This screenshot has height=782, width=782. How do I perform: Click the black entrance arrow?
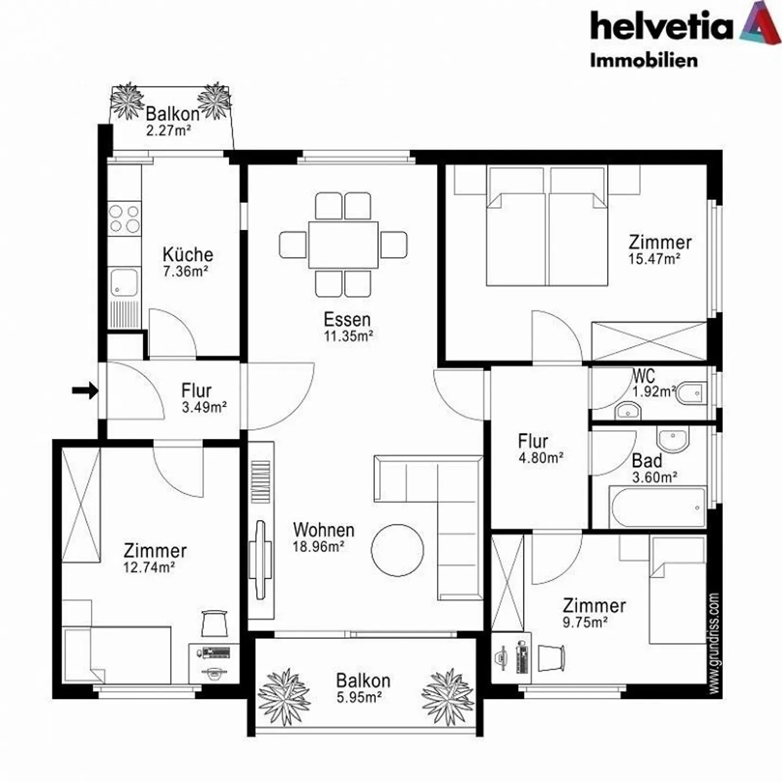[x=85, y=389]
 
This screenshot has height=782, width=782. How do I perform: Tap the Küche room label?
[x=188, y=254]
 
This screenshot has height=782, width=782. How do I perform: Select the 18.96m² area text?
[x=318, y=546]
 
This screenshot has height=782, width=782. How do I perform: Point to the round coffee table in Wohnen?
[x=398, y=550]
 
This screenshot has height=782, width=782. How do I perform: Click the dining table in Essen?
[x=343, y=244]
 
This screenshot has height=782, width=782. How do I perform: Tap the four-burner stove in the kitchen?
[x=124, y=218]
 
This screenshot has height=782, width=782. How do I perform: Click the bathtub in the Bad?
[x=658, y=507]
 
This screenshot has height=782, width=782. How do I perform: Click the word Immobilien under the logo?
[x=644, y=60]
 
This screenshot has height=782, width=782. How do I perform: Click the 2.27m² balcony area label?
[x=168, y=130]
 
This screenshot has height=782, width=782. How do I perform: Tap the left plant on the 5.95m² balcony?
[x=283, y=696]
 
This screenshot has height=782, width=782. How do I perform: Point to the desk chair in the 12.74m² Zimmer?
[x=214, y=623]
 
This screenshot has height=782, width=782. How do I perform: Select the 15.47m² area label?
[x=654, y=259]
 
